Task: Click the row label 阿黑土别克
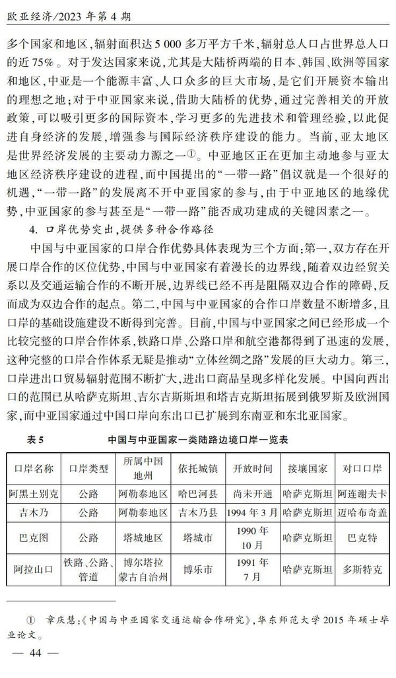pyautogui.click(x=34, y=492)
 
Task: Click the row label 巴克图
pyautogui.click(x=34, y=539)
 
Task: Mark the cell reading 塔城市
pyautogui.click(x=196, y=539)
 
